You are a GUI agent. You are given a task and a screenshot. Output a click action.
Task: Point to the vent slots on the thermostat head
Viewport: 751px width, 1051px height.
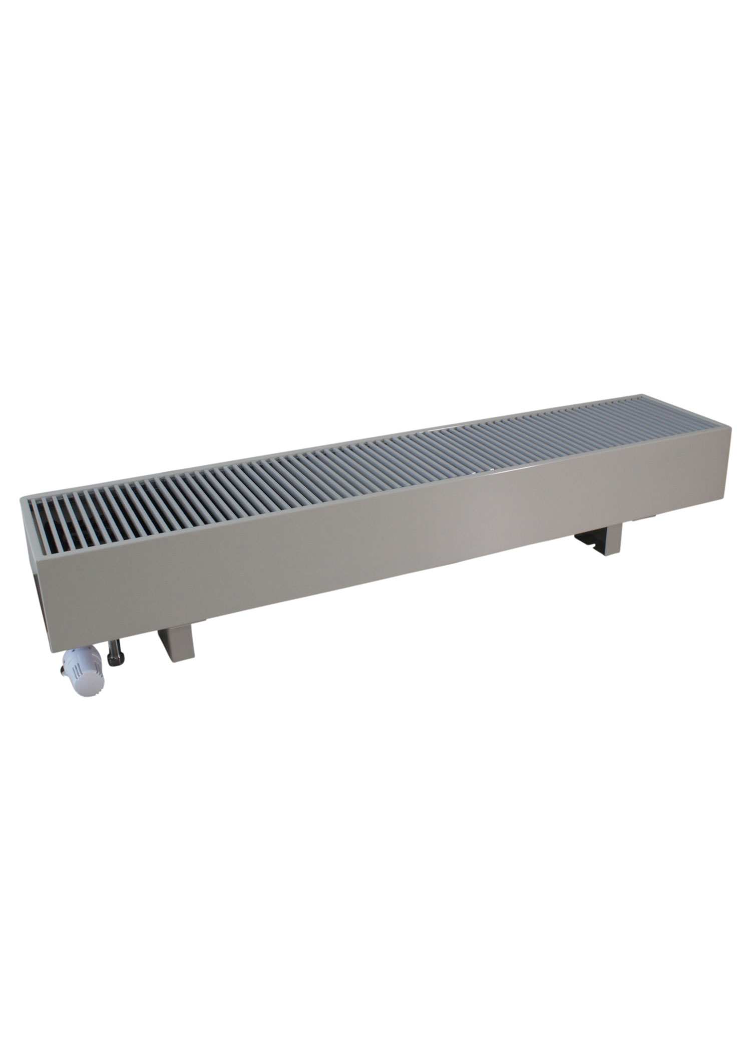click(x=78, y=668)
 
